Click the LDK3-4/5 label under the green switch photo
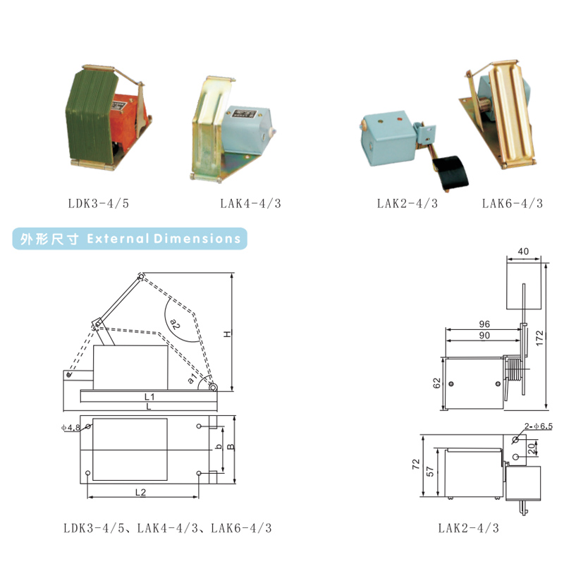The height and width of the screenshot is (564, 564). coord(99,204)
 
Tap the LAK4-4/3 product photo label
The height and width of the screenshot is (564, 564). coord(251,204)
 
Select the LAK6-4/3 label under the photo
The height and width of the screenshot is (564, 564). coord(513,204)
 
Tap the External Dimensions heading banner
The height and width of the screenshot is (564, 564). coord(130,238)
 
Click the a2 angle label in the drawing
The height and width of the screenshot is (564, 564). coord(175,324)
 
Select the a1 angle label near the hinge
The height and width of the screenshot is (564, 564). coord(192,378)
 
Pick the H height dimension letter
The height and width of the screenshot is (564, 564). coord(227,334)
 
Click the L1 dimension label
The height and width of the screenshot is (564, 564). coord(149,397)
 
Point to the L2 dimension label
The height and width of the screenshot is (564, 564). coord(140,492)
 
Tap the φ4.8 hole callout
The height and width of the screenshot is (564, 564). coord(70,428)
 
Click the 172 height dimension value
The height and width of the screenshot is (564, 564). coord(539,338)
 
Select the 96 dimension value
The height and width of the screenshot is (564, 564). coord(484,324)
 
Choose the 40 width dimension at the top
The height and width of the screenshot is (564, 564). coord(523,251)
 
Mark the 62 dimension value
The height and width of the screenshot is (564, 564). coord(436,383)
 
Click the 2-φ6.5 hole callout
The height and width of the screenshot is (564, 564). coord(538,427)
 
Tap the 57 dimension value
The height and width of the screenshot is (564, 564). coord(430,472)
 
